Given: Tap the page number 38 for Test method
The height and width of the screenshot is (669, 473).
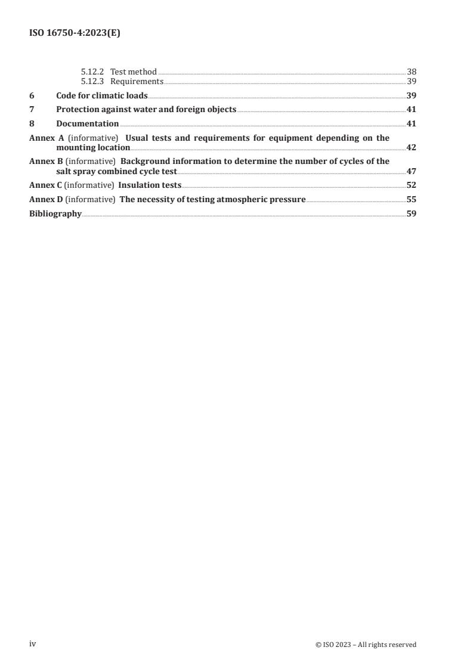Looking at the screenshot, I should point(411,72).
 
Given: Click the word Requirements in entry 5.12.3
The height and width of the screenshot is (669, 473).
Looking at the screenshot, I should point(137,81).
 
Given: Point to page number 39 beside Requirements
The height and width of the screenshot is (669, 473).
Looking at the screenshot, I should point(411,81).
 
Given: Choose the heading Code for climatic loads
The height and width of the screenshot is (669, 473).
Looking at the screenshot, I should point(102,95).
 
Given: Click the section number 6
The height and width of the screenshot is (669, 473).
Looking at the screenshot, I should point(32,95).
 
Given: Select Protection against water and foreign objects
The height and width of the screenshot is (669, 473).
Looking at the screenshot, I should point(146,109).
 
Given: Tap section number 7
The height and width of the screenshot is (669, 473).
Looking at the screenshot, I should point(32,109).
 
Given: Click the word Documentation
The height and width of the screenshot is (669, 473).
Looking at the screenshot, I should point(87,123).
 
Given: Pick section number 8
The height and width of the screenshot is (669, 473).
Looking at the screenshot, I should point(32,123).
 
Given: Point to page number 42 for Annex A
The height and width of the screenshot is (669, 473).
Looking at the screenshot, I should point(411,147).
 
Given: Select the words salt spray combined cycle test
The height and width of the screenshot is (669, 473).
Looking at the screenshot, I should point(112,171).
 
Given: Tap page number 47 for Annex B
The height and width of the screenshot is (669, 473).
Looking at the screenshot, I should point(411,171).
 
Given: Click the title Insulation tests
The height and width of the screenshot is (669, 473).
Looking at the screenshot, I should point(150,185).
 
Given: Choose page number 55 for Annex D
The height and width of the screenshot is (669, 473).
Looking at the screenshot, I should point(411,199).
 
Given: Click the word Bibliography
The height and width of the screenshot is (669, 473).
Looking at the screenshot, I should point(55,213).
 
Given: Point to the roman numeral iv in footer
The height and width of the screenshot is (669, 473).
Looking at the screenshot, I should point(33,644).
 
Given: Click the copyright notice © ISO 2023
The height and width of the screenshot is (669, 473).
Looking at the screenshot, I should point(366,645).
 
